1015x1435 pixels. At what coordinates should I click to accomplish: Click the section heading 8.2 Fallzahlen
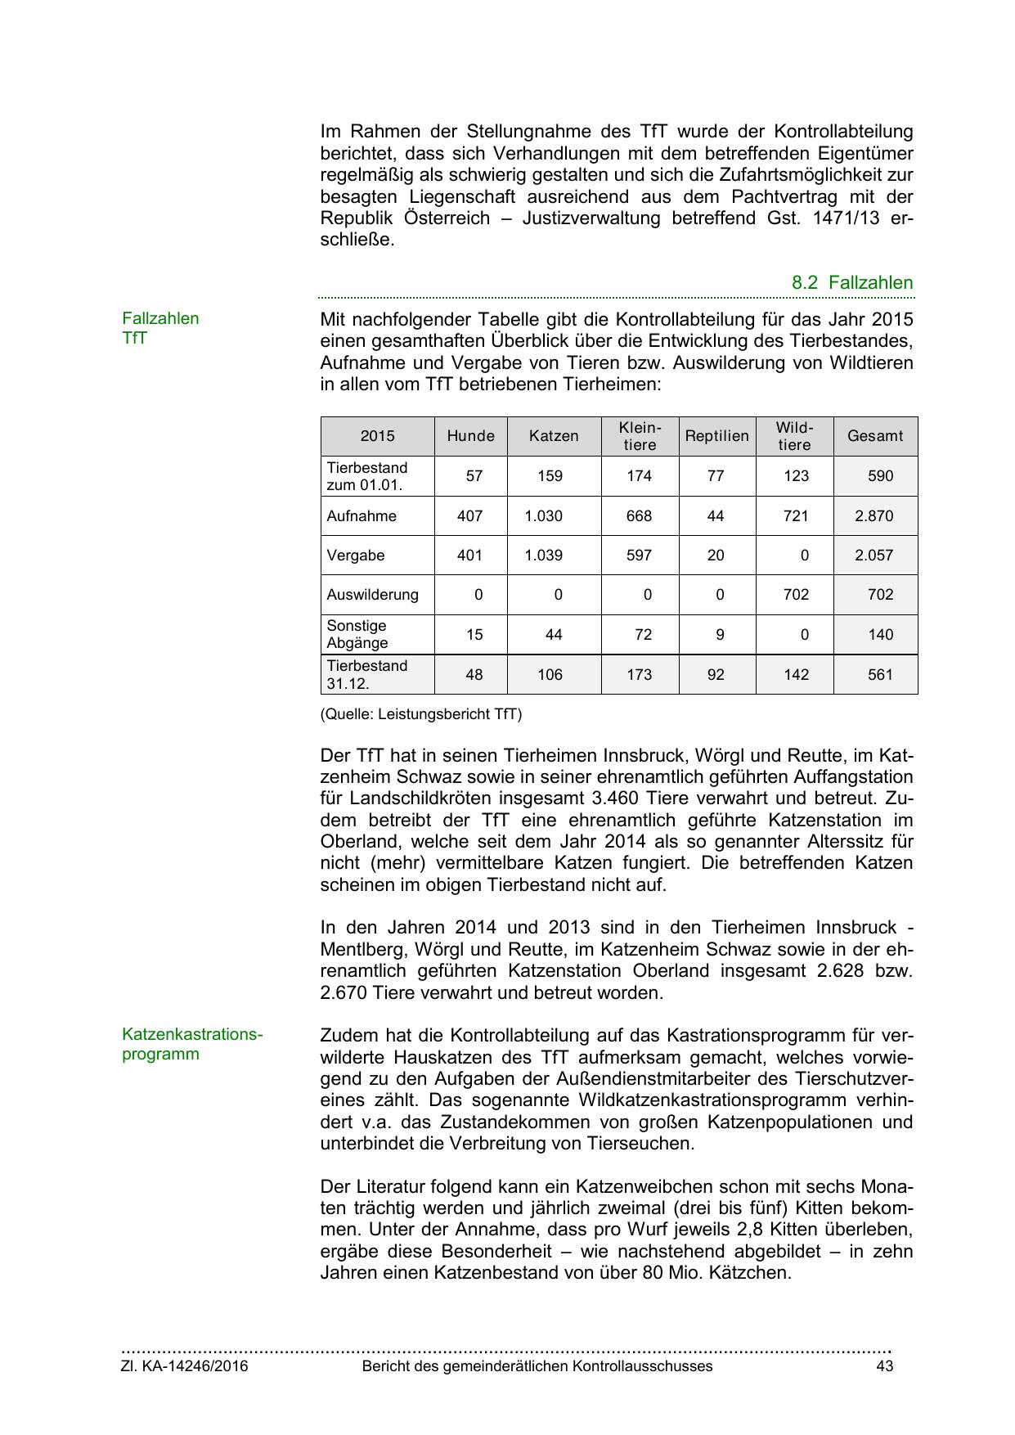pos(851,283)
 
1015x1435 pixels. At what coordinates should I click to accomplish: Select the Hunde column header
pos(470,436)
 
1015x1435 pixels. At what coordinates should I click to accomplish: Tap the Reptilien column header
pos(716,436)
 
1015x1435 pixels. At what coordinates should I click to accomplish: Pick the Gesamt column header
pos(874,436)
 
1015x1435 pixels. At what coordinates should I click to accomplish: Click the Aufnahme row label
pos(362,516)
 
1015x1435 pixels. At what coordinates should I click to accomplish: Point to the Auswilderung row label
pos(372,595)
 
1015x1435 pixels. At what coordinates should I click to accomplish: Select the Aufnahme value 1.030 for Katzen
pos(544,516)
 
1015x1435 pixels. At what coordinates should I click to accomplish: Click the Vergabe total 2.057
pos(874,556)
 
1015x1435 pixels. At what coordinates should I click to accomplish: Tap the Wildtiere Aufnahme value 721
pos(796,516)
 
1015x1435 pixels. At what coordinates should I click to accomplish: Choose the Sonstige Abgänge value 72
pos(643,635)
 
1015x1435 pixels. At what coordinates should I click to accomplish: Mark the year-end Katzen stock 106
pos(550,675)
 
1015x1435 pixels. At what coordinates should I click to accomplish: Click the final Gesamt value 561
pos(880,675)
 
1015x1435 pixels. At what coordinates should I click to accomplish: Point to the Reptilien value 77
pos(716,476)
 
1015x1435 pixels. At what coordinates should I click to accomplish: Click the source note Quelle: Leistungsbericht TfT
pos(420,714)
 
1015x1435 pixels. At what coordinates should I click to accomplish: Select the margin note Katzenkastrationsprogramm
pos(192,1044)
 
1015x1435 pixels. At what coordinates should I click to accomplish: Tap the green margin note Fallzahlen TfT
pos(160,328)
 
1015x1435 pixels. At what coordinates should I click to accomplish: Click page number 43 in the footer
pos(884,1366)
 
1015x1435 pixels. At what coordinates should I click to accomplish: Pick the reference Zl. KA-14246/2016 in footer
pos(185,1366)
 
